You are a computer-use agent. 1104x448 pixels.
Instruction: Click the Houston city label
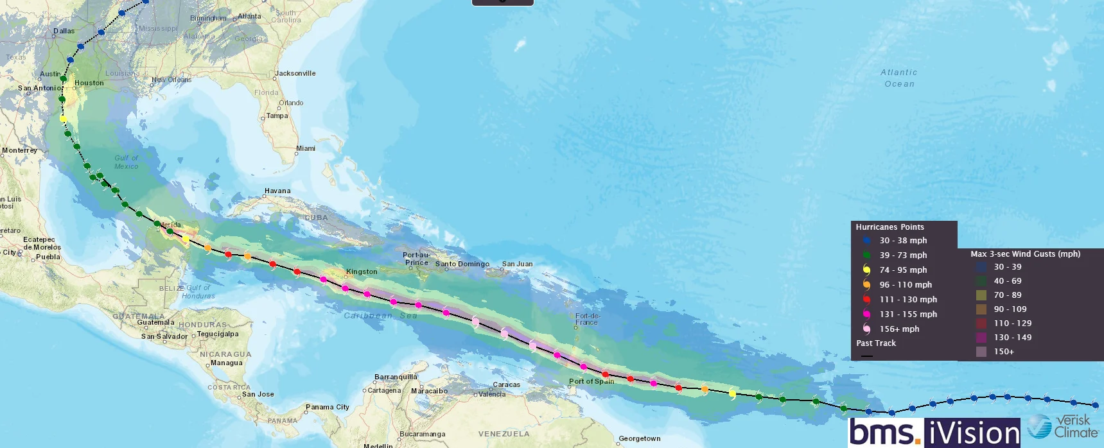pyautogui.click(x=89, y=83)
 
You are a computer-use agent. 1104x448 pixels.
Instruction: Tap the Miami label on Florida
pyautogui.click(x=306, y=148)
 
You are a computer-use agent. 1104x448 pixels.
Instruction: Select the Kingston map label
pyautogui.click(x=362, y=271)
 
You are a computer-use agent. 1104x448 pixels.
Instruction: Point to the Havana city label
pyautogui.click(x=277, y=191)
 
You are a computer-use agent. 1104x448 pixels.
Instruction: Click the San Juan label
pyautogui.click(x=517, y=264)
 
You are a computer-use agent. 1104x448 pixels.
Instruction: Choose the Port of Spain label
pyautogui.click(x=591, y=381)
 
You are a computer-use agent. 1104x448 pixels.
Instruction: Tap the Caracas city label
pyautogui.click(x=506, y=385)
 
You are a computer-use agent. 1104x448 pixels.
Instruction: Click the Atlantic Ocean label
pyautogui.click(x=899, y=78)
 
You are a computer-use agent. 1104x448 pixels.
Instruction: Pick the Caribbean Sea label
pyautogui.click(x=380, y=315)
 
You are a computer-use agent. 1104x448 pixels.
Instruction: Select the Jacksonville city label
pyautogui.click(x=295, y=73)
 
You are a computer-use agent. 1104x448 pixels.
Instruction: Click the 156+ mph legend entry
pyautogui.click(x=898, y=329)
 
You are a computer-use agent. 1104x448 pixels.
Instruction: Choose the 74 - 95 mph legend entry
pyautogui.click(x=902, y=270)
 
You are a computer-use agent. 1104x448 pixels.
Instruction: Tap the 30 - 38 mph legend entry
pyautogui.click(x=902, y=241)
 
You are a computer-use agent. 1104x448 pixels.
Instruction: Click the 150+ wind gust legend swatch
pyautogui.click(x=981, y=352)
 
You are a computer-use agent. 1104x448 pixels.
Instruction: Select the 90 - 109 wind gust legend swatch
pyautogui.click(x=981, y=309)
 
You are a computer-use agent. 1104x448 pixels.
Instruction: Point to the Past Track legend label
pyautogui.click(x=876, y=343)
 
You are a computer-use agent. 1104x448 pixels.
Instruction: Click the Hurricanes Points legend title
pyautogui.click(x=889, y=227)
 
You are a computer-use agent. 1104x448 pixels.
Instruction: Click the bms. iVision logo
pyautogui.click(x=934, y=432)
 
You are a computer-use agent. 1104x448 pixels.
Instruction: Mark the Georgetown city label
pyautogui.click(x=639, y=439)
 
